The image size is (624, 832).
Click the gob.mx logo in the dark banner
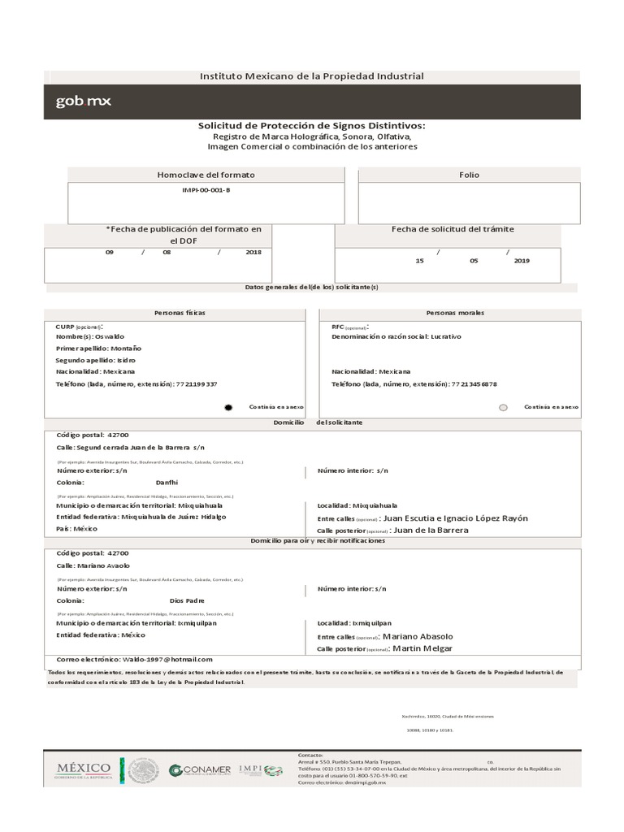point(84,102)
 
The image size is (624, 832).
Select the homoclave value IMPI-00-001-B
point(206,189)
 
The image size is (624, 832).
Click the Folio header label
point(469,175)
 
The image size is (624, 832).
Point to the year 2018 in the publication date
point(253,253)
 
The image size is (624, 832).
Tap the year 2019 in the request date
point(522,261)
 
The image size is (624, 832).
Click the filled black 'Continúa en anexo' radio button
point(228,407)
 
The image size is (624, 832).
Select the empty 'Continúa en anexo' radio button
point(503,407)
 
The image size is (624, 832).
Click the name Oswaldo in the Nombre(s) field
point(110,336)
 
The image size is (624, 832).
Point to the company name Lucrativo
point(446,336)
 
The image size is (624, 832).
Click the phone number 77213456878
point(474,383)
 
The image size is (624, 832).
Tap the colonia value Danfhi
point(167,482)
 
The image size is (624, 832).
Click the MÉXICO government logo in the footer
point(83,769)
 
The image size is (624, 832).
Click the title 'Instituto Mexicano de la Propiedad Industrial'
point(312,76)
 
